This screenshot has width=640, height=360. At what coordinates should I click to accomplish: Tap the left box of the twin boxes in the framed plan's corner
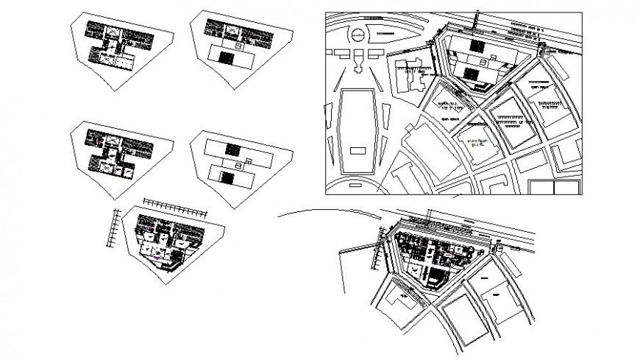coord(541,188)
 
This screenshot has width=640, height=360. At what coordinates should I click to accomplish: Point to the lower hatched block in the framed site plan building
coord(472,72)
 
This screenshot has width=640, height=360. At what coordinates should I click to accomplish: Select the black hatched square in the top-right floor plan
coord(227,56)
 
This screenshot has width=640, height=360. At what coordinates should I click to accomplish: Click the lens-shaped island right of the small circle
coord(399,33)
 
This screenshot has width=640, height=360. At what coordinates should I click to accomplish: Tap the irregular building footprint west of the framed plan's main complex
coord(410,74)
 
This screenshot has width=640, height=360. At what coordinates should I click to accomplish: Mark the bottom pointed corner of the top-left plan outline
coord(113,90)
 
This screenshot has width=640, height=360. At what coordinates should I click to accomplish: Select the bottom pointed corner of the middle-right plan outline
coord(234,208)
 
